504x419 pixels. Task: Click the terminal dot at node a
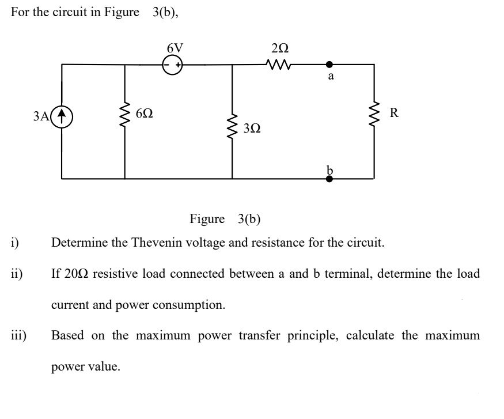pos(329,65)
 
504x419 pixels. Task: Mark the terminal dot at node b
pos(329,179)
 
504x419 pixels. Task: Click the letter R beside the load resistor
pos(394,112)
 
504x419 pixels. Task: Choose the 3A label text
pos(42,115)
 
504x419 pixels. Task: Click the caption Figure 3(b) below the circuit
pos(225,219)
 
